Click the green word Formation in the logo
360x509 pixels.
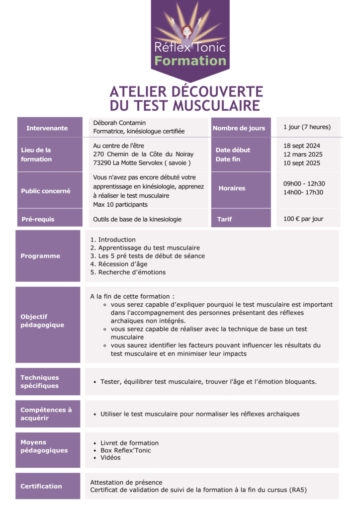click(190, 61)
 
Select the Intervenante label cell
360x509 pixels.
click(48, 128)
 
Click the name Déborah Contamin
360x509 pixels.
click(119, 122)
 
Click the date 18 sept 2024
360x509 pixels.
click(302, 146)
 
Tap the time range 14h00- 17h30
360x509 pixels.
click(303, 192)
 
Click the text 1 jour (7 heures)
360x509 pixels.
click(307, 127)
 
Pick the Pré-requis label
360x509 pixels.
click(38, 219)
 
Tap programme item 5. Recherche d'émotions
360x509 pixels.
click(128, 272)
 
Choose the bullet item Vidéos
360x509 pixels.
click(110, 457)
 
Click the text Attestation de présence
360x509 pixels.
click(126, 482)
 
